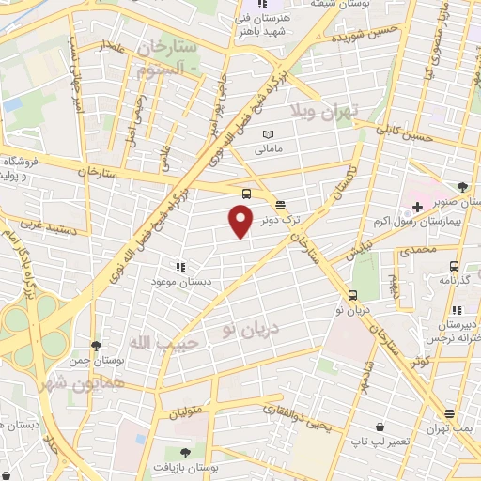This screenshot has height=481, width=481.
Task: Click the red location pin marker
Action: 240,220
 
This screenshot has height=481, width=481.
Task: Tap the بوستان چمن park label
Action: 96,361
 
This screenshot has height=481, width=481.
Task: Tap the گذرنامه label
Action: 455,280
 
